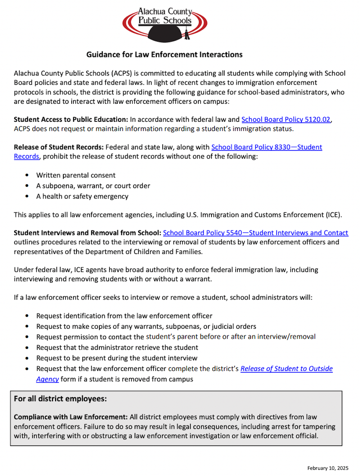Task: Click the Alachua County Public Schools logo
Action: click(x=165, y=24)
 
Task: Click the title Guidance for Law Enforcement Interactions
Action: click(x=164, y=55)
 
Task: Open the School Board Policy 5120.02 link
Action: click(x=286, y=120)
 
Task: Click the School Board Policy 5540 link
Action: click(x=255, y=233)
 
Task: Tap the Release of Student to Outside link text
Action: click(x=286, y=369)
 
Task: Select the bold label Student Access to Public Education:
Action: click(x=71, y=120)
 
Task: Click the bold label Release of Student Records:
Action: click(x=58, y=147)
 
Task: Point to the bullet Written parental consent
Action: click(x=76, y=175)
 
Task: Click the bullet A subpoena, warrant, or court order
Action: click(x=93, y=186)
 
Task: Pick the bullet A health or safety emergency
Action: click(x=82, y=196)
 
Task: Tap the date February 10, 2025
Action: click(x=328, y=468)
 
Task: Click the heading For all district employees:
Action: click(x=60, y=399)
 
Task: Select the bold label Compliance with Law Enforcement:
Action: click(x=71, y=417)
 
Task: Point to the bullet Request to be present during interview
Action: click(x=117, y=358)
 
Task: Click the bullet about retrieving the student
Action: click(x=117, y=348)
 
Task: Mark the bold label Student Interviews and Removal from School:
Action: click(x=87, y=233)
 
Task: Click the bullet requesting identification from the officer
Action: click(x=124, y=316)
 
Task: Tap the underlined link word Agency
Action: click(x=48, y=379)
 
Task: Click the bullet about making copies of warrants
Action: click(x=146, y=326)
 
